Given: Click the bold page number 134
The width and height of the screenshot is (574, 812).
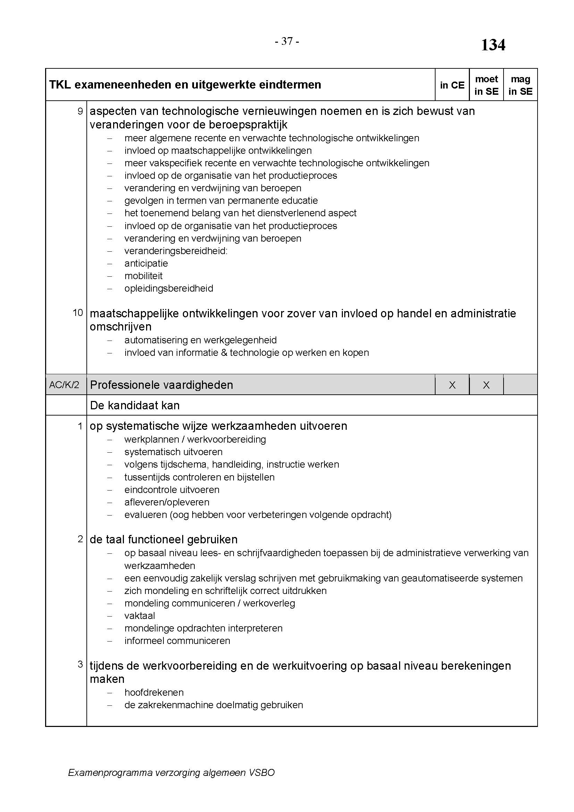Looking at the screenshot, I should pyautogui.click(x=493, y=45).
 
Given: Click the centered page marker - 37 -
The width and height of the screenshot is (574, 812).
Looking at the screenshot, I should pyautogui.click(x=287, y=41).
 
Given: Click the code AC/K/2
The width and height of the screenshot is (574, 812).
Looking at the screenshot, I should pyautogui.click(x=64, y=385).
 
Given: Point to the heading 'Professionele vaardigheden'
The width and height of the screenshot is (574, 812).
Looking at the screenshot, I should pyautogui.click(x=161, y=385).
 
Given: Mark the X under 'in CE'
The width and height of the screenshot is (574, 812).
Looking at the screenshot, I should pyautogui.click(x=452, y=385).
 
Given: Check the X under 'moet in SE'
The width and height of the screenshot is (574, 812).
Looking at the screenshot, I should pyautogui.click(x=486, y=385).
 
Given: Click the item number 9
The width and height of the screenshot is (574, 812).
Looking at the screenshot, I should pyautogui.click(x=80, y=111).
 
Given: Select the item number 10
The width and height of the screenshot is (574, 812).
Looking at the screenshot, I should pyautogui.click(x=78, y=313).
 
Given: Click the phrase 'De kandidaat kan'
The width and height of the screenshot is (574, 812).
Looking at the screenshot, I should pyautogui.click(x=135, y=405).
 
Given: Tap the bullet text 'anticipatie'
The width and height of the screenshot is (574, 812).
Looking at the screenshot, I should pyautogui.click(x=146, y=263).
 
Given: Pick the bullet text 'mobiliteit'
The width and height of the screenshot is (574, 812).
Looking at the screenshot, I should pyautogui.click(x=144, y=276).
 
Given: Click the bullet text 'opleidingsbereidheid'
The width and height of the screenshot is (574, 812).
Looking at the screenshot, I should pyautogui.click(x=169, y=288).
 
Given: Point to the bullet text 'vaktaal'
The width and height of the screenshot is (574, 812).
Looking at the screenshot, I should pyautogui.click(x=140, y=616).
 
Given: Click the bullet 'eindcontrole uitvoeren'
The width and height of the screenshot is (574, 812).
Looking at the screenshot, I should pyautogui.click(x=172, y=490).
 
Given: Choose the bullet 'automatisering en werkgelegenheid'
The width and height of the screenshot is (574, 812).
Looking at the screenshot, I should pyautogui.click(x=200, y=340).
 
